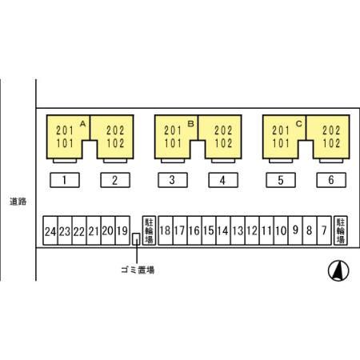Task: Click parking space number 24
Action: tap(50, 230)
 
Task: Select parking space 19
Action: tap(122, 230)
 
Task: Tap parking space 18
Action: tap(166, 230)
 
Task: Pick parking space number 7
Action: tap(324, 230)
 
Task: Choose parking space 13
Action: tap(238, 230)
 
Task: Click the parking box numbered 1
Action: tap(65, 180)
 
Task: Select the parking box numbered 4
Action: tap(223, 180)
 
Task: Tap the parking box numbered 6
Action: tap(331, 180)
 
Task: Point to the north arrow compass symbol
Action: tap(338, 270)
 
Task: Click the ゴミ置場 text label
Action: tap(138, 270)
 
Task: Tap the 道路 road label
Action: tap(18, 202)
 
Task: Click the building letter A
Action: tap(82, 124)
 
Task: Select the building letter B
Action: tap(190, 124)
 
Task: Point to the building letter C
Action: tap(298, 124)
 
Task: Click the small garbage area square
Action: tap(136, 239)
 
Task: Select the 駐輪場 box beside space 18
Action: tap(149, 230)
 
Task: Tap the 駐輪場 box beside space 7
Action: tap(341, 230)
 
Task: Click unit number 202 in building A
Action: tap(115, 130)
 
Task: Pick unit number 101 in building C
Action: tap(281, 143)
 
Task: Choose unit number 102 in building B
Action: tap(223, 143)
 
